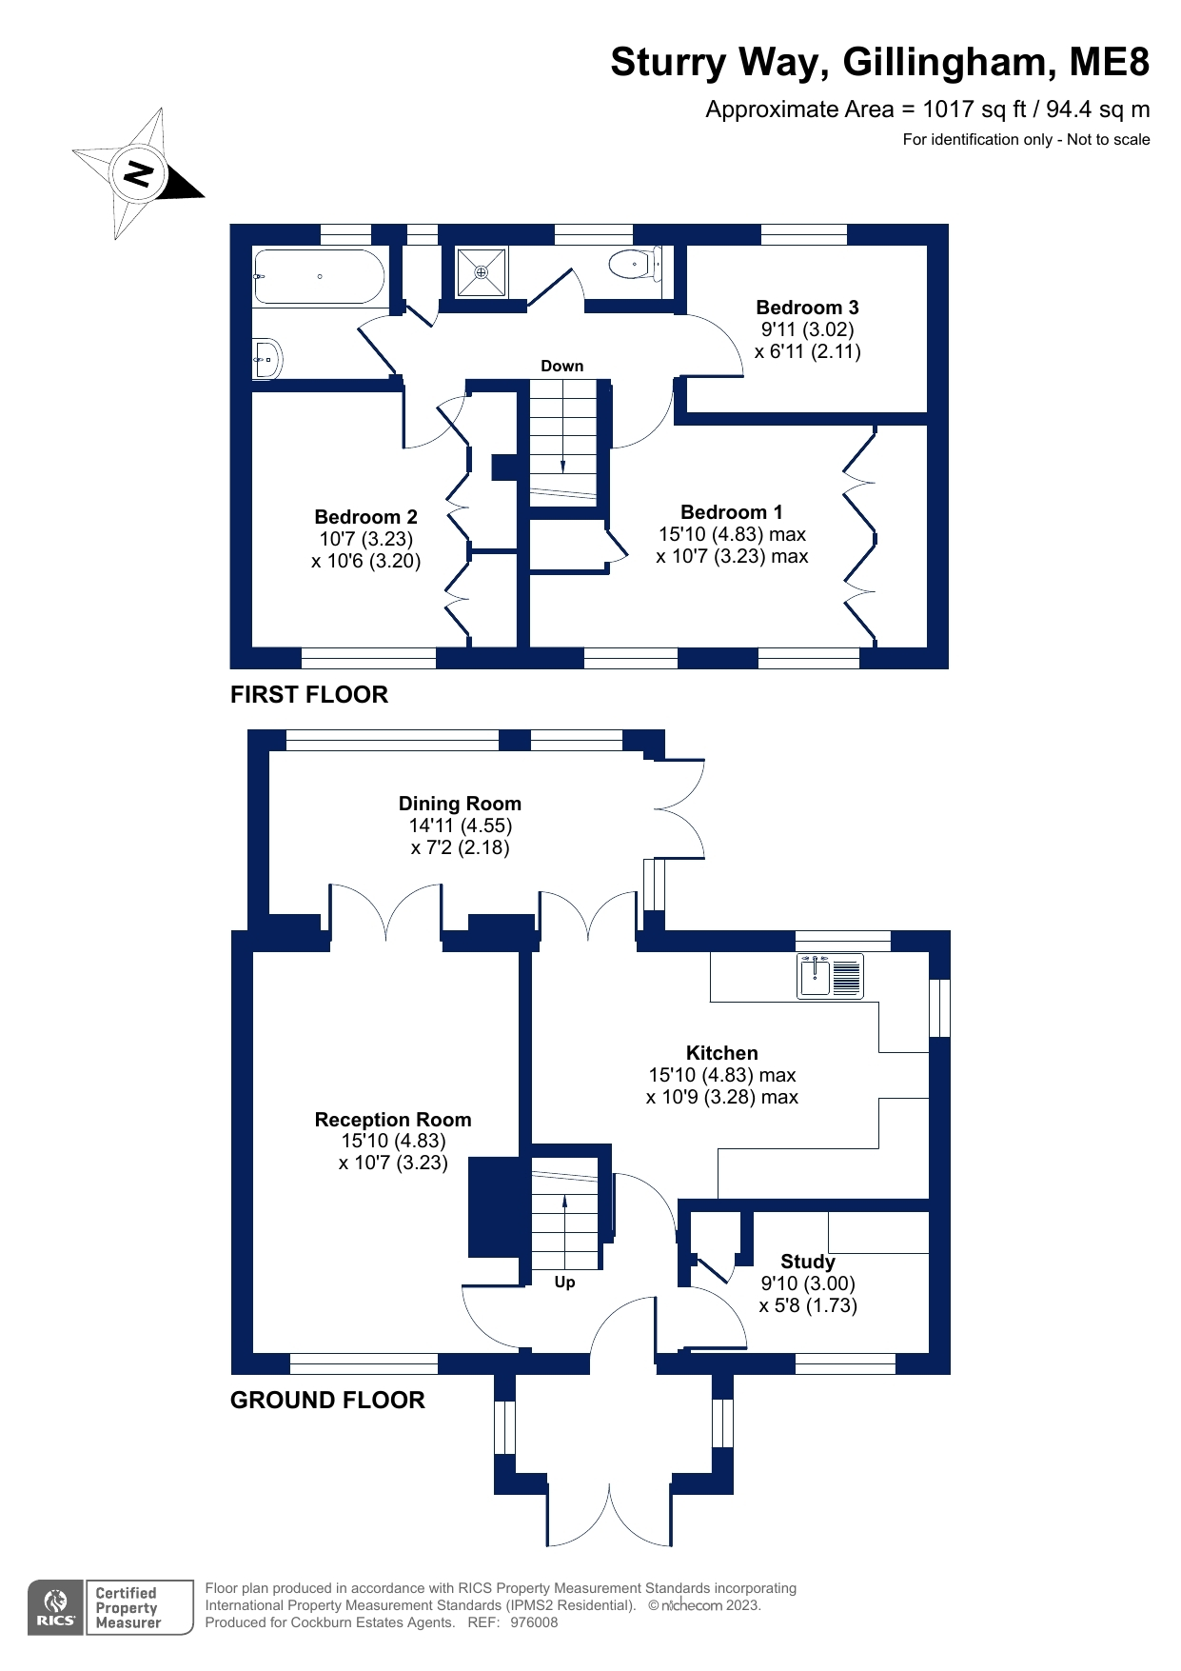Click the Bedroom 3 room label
tap(807, 308)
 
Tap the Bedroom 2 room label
tap(365, 517)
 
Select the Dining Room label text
tap(460, 804)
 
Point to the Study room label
tap(807, 1262)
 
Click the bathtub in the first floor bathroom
tap(319, 277)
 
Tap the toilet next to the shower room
tap(633, 264)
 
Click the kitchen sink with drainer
tap(830, 976)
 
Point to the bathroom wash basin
tap(267, 359)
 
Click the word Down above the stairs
tap(561, 366)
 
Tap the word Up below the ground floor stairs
tap(564, 1283)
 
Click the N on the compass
tap(139, 174)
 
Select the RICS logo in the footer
tap(55, 1608)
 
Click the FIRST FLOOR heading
tap(309, 695)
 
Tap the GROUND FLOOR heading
tap(327, 1401)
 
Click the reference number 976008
tap(534, 1622)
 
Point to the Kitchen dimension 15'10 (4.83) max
tap(721, 1075)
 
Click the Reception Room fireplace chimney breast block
tap(493, 1205)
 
